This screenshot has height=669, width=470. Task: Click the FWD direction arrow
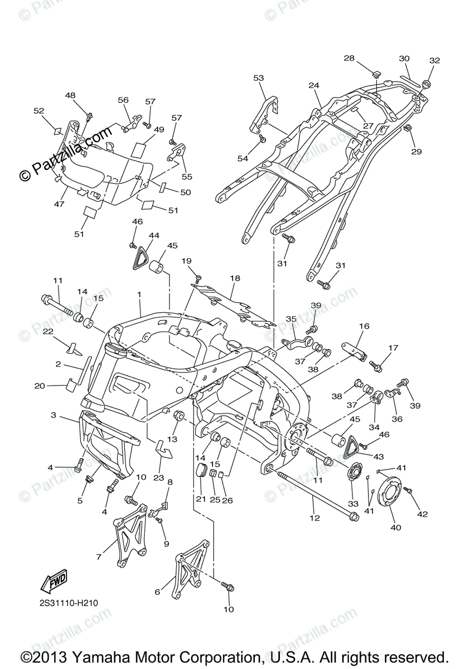tap(54, 581)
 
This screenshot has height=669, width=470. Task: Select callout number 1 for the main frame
tap(139, 293)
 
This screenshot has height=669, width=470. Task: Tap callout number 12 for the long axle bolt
tap(315, 518)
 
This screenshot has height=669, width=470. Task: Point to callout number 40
tap(395, 527)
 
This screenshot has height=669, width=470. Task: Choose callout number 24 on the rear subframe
tap(314, 85)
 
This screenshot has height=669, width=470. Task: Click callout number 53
tap(258, 78)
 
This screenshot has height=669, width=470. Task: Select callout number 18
tap(235, 278)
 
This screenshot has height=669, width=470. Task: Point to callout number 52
tap(38, 111)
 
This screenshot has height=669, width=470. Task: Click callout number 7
tap(99, 556)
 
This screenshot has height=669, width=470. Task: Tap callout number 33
tap(353, 503)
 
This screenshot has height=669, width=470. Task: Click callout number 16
tap(364, 326)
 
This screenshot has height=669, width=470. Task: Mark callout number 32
tap(434, 60)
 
